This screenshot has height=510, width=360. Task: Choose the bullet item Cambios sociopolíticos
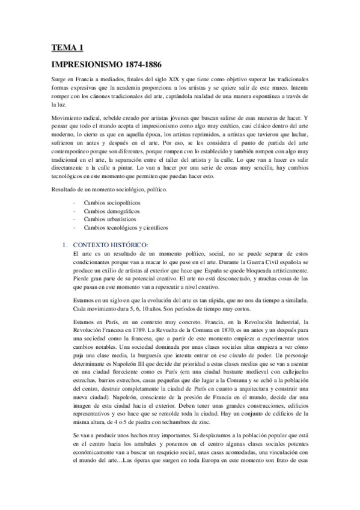click(x=108, y=204)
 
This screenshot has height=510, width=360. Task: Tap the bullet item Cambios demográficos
click(x=108, y=212)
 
